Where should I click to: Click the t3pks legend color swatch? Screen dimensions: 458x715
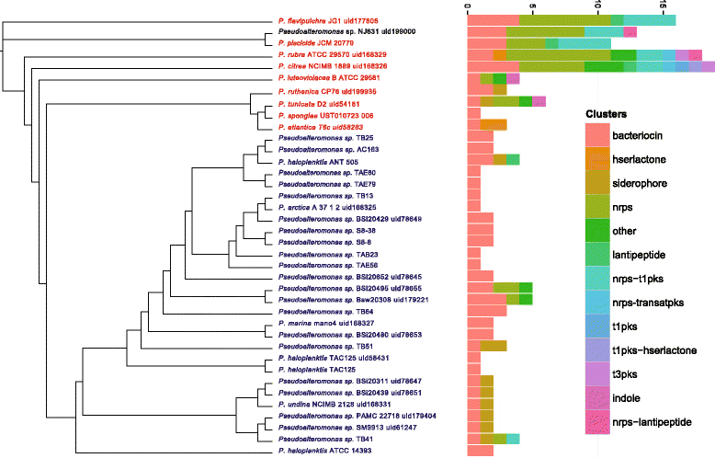point(600,373)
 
